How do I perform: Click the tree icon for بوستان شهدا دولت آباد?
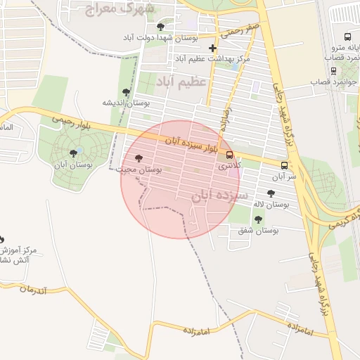160,27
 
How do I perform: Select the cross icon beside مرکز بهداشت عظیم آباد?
212,48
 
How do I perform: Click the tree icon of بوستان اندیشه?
127,91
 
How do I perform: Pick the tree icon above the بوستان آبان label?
73,153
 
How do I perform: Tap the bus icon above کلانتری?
230,155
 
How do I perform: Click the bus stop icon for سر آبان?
284,166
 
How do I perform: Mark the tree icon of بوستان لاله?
271,193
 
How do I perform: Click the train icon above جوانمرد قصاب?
333,70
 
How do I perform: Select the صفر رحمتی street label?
240,31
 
